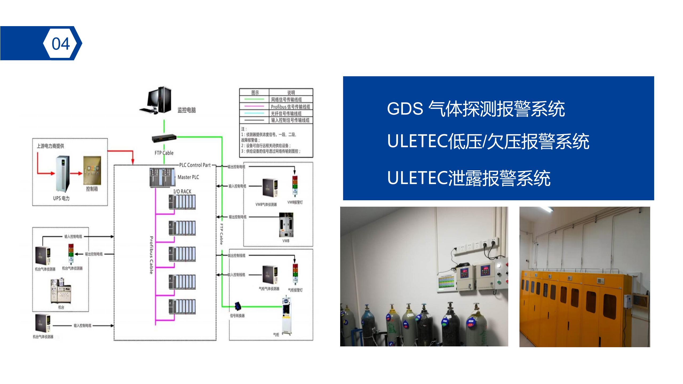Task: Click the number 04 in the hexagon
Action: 61,43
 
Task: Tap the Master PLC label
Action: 188,177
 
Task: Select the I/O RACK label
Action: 182,191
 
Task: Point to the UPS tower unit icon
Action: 63,174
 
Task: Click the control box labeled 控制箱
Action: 92,171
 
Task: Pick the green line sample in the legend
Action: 254,99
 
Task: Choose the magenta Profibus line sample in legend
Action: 254,106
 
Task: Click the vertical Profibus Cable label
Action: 151,255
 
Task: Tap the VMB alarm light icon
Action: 295,185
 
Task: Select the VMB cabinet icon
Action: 286,225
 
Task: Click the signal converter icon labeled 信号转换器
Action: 238,306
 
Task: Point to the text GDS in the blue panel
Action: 405,109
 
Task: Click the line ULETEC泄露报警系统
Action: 469,178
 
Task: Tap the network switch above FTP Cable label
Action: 164,138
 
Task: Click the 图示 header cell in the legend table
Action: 255,93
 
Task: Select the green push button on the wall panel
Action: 499,282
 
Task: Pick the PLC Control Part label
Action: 195,165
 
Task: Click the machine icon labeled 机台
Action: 61,291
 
